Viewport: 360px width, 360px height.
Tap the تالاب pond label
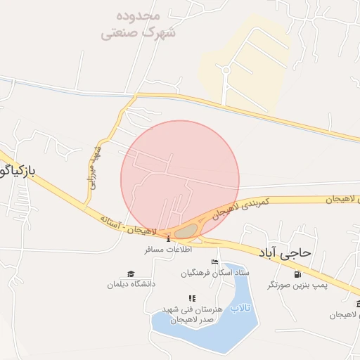[241, 308]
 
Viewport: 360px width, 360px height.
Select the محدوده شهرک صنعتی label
[139, 25]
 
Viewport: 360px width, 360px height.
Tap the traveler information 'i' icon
[168, 239]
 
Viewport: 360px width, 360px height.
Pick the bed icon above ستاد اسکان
[214, 262]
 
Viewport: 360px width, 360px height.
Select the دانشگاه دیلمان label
[131, 284]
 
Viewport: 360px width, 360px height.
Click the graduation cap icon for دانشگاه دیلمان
[130, 274]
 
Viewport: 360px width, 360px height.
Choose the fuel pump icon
[297, 274]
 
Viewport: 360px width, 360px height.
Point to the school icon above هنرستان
[192, 299]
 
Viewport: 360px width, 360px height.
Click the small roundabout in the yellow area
[226, 70]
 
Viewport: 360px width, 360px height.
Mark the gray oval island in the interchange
[186, 231]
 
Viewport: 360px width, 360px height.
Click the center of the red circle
[180, 179]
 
